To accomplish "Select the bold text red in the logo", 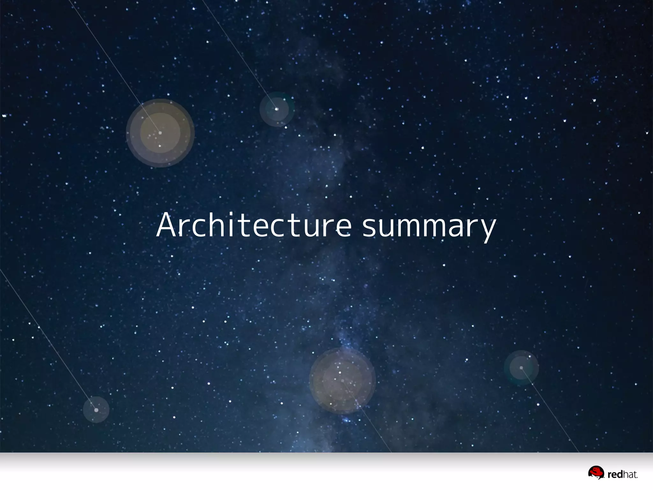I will coord(615,475).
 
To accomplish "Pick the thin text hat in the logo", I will coord(630,475).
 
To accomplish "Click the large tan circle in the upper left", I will coord(160,133).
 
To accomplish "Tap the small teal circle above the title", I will coord(277,109).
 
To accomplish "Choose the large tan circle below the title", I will coord(342,381).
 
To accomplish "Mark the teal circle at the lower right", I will coord(521,367).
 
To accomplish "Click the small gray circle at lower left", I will coord(96,410).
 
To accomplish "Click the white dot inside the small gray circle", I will coord(96,410).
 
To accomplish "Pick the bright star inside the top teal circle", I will coord(277,109).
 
